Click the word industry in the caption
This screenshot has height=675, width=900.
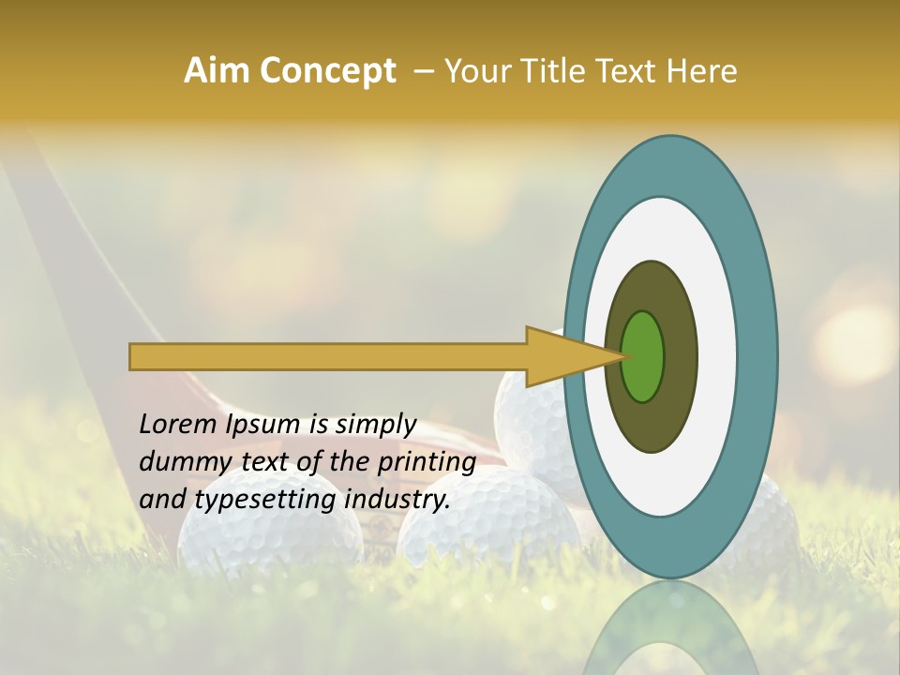pyautogui.click(x=397, y=500)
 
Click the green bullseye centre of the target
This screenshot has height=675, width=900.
pyautogui.click(x=643, y=356)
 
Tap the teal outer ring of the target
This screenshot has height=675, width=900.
pyautogui.click(x=759, y=356)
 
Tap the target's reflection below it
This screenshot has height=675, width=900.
pyautogui.click(x=671, y=628)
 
